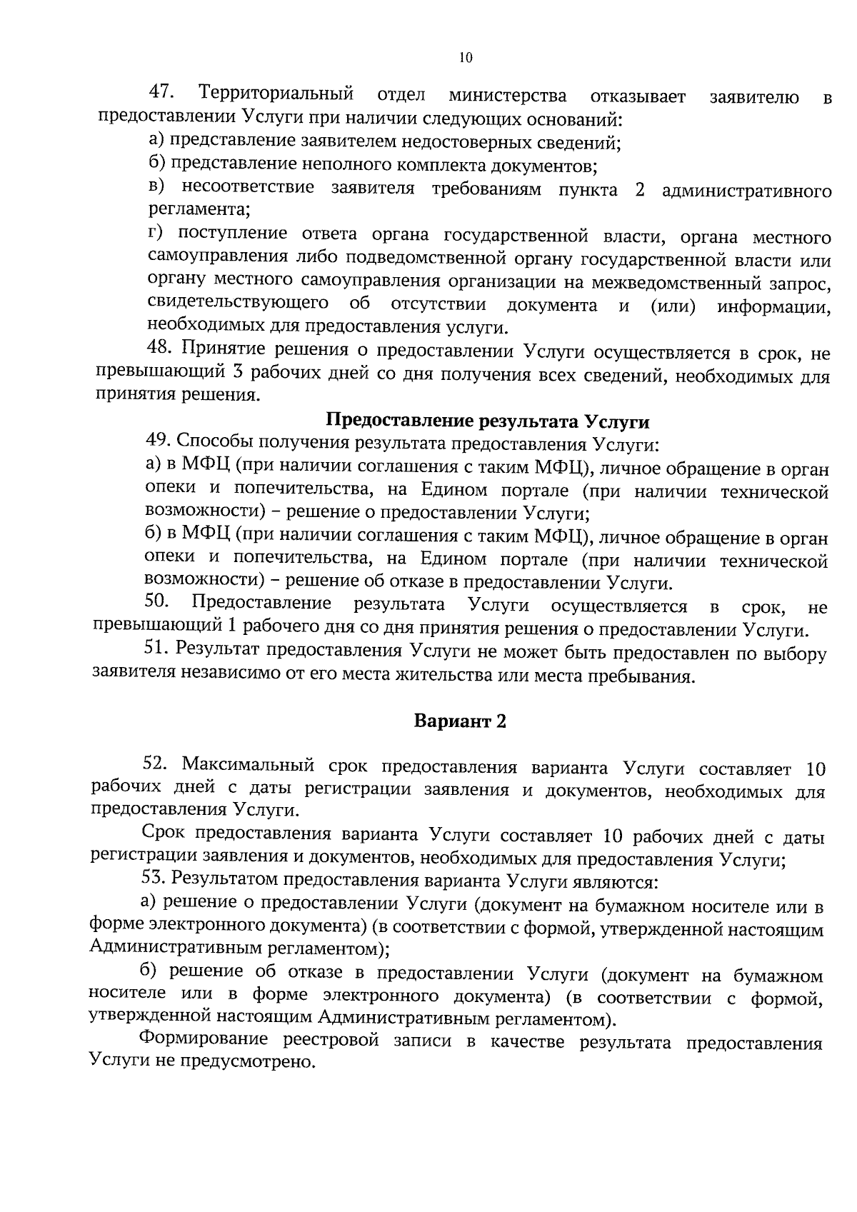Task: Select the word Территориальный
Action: pyautogui.click(x=278, y=94)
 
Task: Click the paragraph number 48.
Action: pyautogui.click(x=161, y=349)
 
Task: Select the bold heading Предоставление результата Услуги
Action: pyautogui.click(x=488, y=421)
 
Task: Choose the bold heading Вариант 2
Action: pyautogui.click(x=460, y=721)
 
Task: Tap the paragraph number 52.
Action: pyautogui.click(x=156, y=765)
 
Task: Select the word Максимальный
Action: pyautogui.click(x=248, y=766)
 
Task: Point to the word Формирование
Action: pyautogui.click(x=204, y=1039)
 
